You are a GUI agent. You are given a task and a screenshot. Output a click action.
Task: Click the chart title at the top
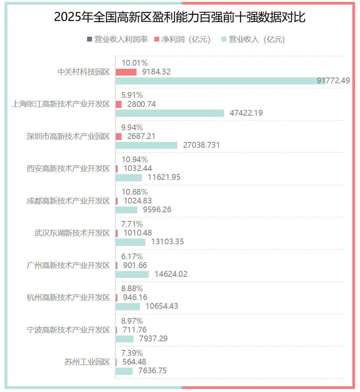[x=180, y=17]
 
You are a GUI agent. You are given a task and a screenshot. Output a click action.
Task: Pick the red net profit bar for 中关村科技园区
[x=126, y=72]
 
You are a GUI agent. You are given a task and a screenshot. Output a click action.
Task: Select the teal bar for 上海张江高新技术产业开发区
[x=170, y=113]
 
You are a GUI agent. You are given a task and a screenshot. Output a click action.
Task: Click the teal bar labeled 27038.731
[x=146, y=145]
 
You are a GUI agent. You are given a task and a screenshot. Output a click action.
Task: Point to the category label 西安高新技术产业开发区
[x=68, y=168]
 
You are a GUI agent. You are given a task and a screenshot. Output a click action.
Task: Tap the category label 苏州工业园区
[x=87, y=362]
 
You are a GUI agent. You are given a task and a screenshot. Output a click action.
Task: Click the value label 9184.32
[x=156, y=72]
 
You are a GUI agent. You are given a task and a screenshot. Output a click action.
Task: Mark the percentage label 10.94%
[x=134, y=160]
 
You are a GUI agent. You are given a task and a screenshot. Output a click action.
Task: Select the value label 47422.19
[x=246, y=113]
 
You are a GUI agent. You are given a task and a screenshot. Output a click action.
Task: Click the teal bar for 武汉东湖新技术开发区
[x=130, y=242]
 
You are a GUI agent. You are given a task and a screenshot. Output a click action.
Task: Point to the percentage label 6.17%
[x=132, y=256]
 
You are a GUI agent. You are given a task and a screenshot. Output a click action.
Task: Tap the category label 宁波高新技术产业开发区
[x=68, y=330]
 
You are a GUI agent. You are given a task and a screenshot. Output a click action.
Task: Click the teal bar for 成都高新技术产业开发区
[x=126, y=210]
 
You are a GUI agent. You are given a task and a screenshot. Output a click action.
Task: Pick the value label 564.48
[x=134, y=362]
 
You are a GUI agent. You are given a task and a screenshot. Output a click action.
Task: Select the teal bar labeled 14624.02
[x=132, y=274]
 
